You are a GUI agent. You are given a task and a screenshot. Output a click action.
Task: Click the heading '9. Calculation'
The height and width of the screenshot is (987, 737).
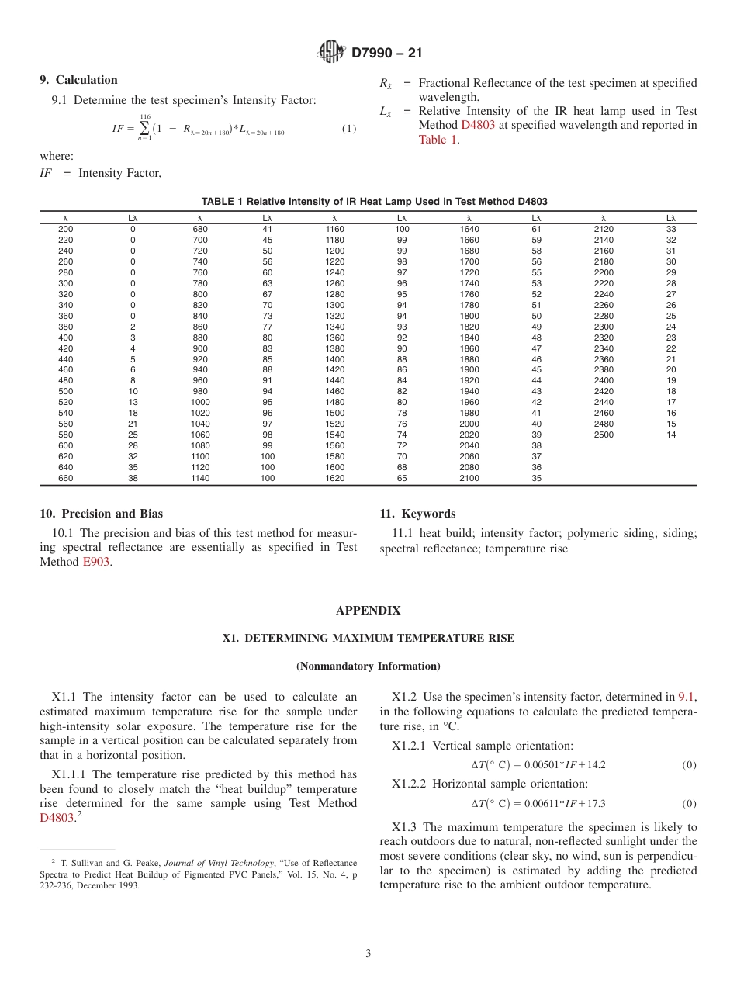tap(78, 80)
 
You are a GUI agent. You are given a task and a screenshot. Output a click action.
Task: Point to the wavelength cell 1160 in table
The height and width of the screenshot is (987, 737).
tap(334, 230)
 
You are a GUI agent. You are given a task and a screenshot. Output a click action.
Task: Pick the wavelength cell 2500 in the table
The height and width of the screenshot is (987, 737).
tap(603, 435)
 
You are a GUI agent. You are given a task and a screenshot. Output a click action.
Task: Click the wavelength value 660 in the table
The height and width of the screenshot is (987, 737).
tap(66, 479)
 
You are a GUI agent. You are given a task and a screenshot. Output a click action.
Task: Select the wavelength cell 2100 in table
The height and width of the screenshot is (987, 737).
tap(469, 479)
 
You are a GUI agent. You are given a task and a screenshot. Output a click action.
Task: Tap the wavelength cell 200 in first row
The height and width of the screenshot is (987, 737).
tap(66, 230)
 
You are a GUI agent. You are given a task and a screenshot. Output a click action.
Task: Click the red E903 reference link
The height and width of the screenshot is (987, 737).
tap(96, 562)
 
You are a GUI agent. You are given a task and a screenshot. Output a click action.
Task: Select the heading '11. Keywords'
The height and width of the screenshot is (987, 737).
tap(417, 514)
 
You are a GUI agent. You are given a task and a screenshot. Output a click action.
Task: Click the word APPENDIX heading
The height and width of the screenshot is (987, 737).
tap(368, 611)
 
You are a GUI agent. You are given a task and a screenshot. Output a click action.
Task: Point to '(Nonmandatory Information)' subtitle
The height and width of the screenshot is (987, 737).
tap(368, 666)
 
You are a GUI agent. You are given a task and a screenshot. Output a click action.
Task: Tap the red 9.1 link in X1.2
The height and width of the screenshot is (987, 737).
tap(687, 697)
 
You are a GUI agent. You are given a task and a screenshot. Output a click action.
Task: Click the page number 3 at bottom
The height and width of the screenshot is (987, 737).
tap(368, 954)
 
